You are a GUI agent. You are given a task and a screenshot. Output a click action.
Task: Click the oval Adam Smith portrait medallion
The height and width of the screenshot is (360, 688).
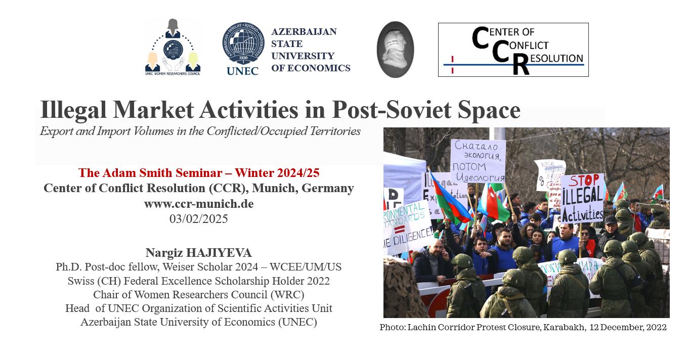(x=395, y=50)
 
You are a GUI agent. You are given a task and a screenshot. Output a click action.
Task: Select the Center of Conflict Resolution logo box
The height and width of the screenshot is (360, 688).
(x=513, y=50)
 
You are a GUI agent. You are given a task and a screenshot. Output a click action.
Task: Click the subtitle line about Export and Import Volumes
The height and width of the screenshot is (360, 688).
(x=200, y=131)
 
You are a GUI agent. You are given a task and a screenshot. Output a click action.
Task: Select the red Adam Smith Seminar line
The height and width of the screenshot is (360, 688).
(x=199, y=173)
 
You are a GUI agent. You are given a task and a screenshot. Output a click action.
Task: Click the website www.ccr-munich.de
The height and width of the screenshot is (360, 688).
(x=199, y=204)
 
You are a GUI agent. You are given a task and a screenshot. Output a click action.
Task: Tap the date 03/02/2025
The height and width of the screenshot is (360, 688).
(x=199, y=219)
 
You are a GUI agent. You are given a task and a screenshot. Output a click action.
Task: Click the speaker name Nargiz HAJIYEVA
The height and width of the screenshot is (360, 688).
(x=199, y=252)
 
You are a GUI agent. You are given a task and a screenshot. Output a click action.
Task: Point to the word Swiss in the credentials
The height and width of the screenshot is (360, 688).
(x=80, y=281)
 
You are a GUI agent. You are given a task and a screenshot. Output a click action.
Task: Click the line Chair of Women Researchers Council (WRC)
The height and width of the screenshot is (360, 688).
(x=199, y=294)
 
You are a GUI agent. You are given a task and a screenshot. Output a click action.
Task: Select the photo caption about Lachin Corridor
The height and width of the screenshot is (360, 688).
(x=523, y=327)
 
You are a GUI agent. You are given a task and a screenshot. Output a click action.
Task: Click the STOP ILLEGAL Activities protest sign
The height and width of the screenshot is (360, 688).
(x=582, y=198)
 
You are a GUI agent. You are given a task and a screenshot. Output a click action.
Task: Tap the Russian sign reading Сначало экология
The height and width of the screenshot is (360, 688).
(x=478, y=160)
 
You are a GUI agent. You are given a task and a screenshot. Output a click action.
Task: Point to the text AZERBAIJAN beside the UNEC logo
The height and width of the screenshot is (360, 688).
(x=304, y=32)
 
